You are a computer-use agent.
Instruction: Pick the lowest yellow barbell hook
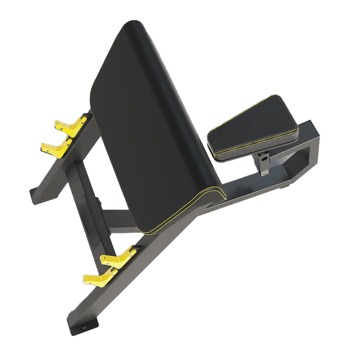click(98, 278)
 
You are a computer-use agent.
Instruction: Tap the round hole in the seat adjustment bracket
click(264, 158)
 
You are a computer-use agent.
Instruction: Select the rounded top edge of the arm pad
click(136, 26)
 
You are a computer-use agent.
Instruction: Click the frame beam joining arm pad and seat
click(240, 188)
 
